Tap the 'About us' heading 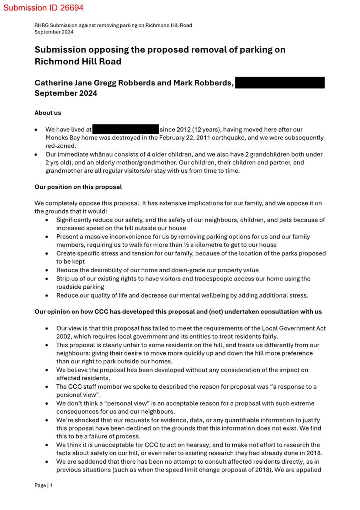click(48, 113)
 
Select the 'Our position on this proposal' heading click(78, 187)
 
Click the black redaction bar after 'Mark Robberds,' click(280, 83)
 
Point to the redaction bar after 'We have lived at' click(125, 129)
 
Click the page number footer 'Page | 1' click(43, 485)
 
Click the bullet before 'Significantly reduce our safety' click(47, 220)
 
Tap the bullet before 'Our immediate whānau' click(36, 155)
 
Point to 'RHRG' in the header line click(41, 25)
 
